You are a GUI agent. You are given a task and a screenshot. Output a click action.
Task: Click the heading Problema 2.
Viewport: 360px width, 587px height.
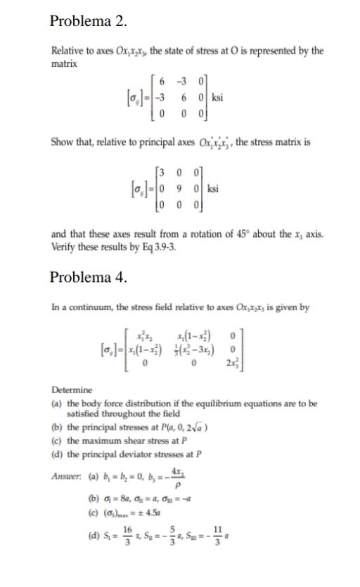click(x=89, y=21)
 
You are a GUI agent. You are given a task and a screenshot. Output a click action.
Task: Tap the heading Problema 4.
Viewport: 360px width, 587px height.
click(x=89, y=276)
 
